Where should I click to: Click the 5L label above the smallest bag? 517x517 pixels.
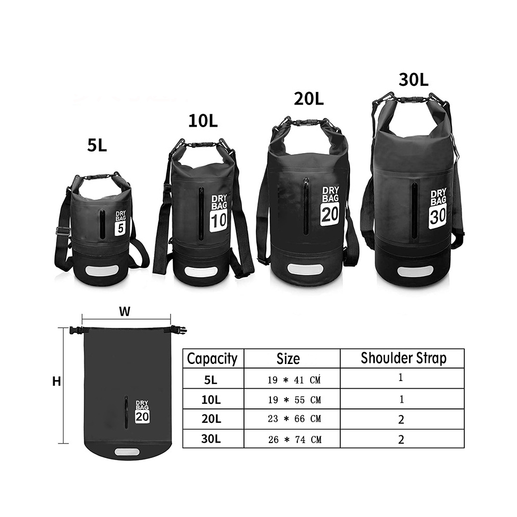[97, 145]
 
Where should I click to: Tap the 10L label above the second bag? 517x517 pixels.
[203, 121]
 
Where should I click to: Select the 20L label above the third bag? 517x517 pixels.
[309, 98]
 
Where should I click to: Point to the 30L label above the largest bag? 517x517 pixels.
[414, 80]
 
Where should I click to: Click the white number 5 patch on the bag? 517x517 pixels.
[120, 228]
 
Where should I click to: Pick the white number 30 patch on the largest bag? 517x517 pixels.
[438, 216]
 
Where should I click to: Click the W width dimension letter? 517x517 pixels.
[125, 312]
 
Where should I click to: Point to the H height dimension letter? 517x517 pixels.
[57, 382]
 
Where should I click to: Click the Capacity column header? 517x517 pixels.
[212, 359]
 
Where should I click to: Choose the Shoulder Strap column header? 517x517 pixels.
[404, 358]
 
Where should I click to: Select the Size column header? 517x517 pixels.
[288, 359]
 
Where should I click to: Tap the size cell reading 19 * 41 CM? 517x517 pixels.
[294, 380]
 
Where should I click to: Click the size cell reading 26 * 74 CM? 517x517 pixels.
[294, 439]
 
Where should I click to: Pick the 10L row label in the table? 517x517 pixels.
[211, 400]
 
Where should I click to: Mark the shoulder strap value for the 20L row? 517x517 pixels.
[401, 419]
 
